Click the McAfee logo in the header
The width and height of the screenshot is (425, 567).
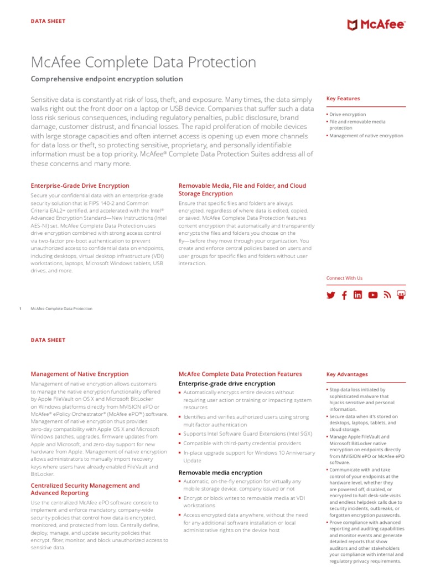click(376, 24)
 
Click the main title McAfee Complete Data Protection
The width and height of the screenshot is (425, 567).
click(143, 62)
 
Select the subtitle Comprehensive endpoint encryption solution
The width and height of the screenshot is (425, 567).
click(107, 79)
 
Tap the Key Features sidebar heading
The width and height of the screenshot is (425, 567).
click(343, 99)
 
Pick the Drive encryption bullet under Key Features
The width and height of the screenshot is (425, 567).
click(348, 115)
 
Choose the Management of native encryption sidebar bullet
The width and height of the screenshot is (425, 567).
click(366, 136)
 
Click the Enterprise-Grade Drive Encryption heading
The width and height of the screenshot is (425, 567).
click(80, 186)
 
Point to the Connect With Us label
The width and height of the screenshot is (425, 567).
click(344, 278)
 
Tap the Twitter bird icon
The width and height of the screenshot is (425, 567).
click(331, 295)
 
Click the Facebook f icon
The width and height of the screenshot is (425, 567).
click(344, 295)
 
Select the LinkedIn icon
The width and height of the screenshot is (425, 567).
click(358, 295)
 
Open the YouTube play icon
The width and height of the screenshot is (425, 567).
click(372, 295)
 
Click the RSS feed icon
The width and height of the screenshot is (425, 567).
click(387, 295)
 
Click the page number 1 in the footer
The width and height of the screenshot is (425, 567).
click(20, 308)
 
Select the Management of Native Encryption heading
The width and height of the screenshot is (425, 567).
click(79, 374)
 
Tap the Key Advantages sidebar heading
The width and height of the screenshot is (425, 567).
click(347, 374)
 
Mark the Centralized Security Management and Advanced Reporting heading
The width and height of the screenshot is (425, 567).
click(85, 489)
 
